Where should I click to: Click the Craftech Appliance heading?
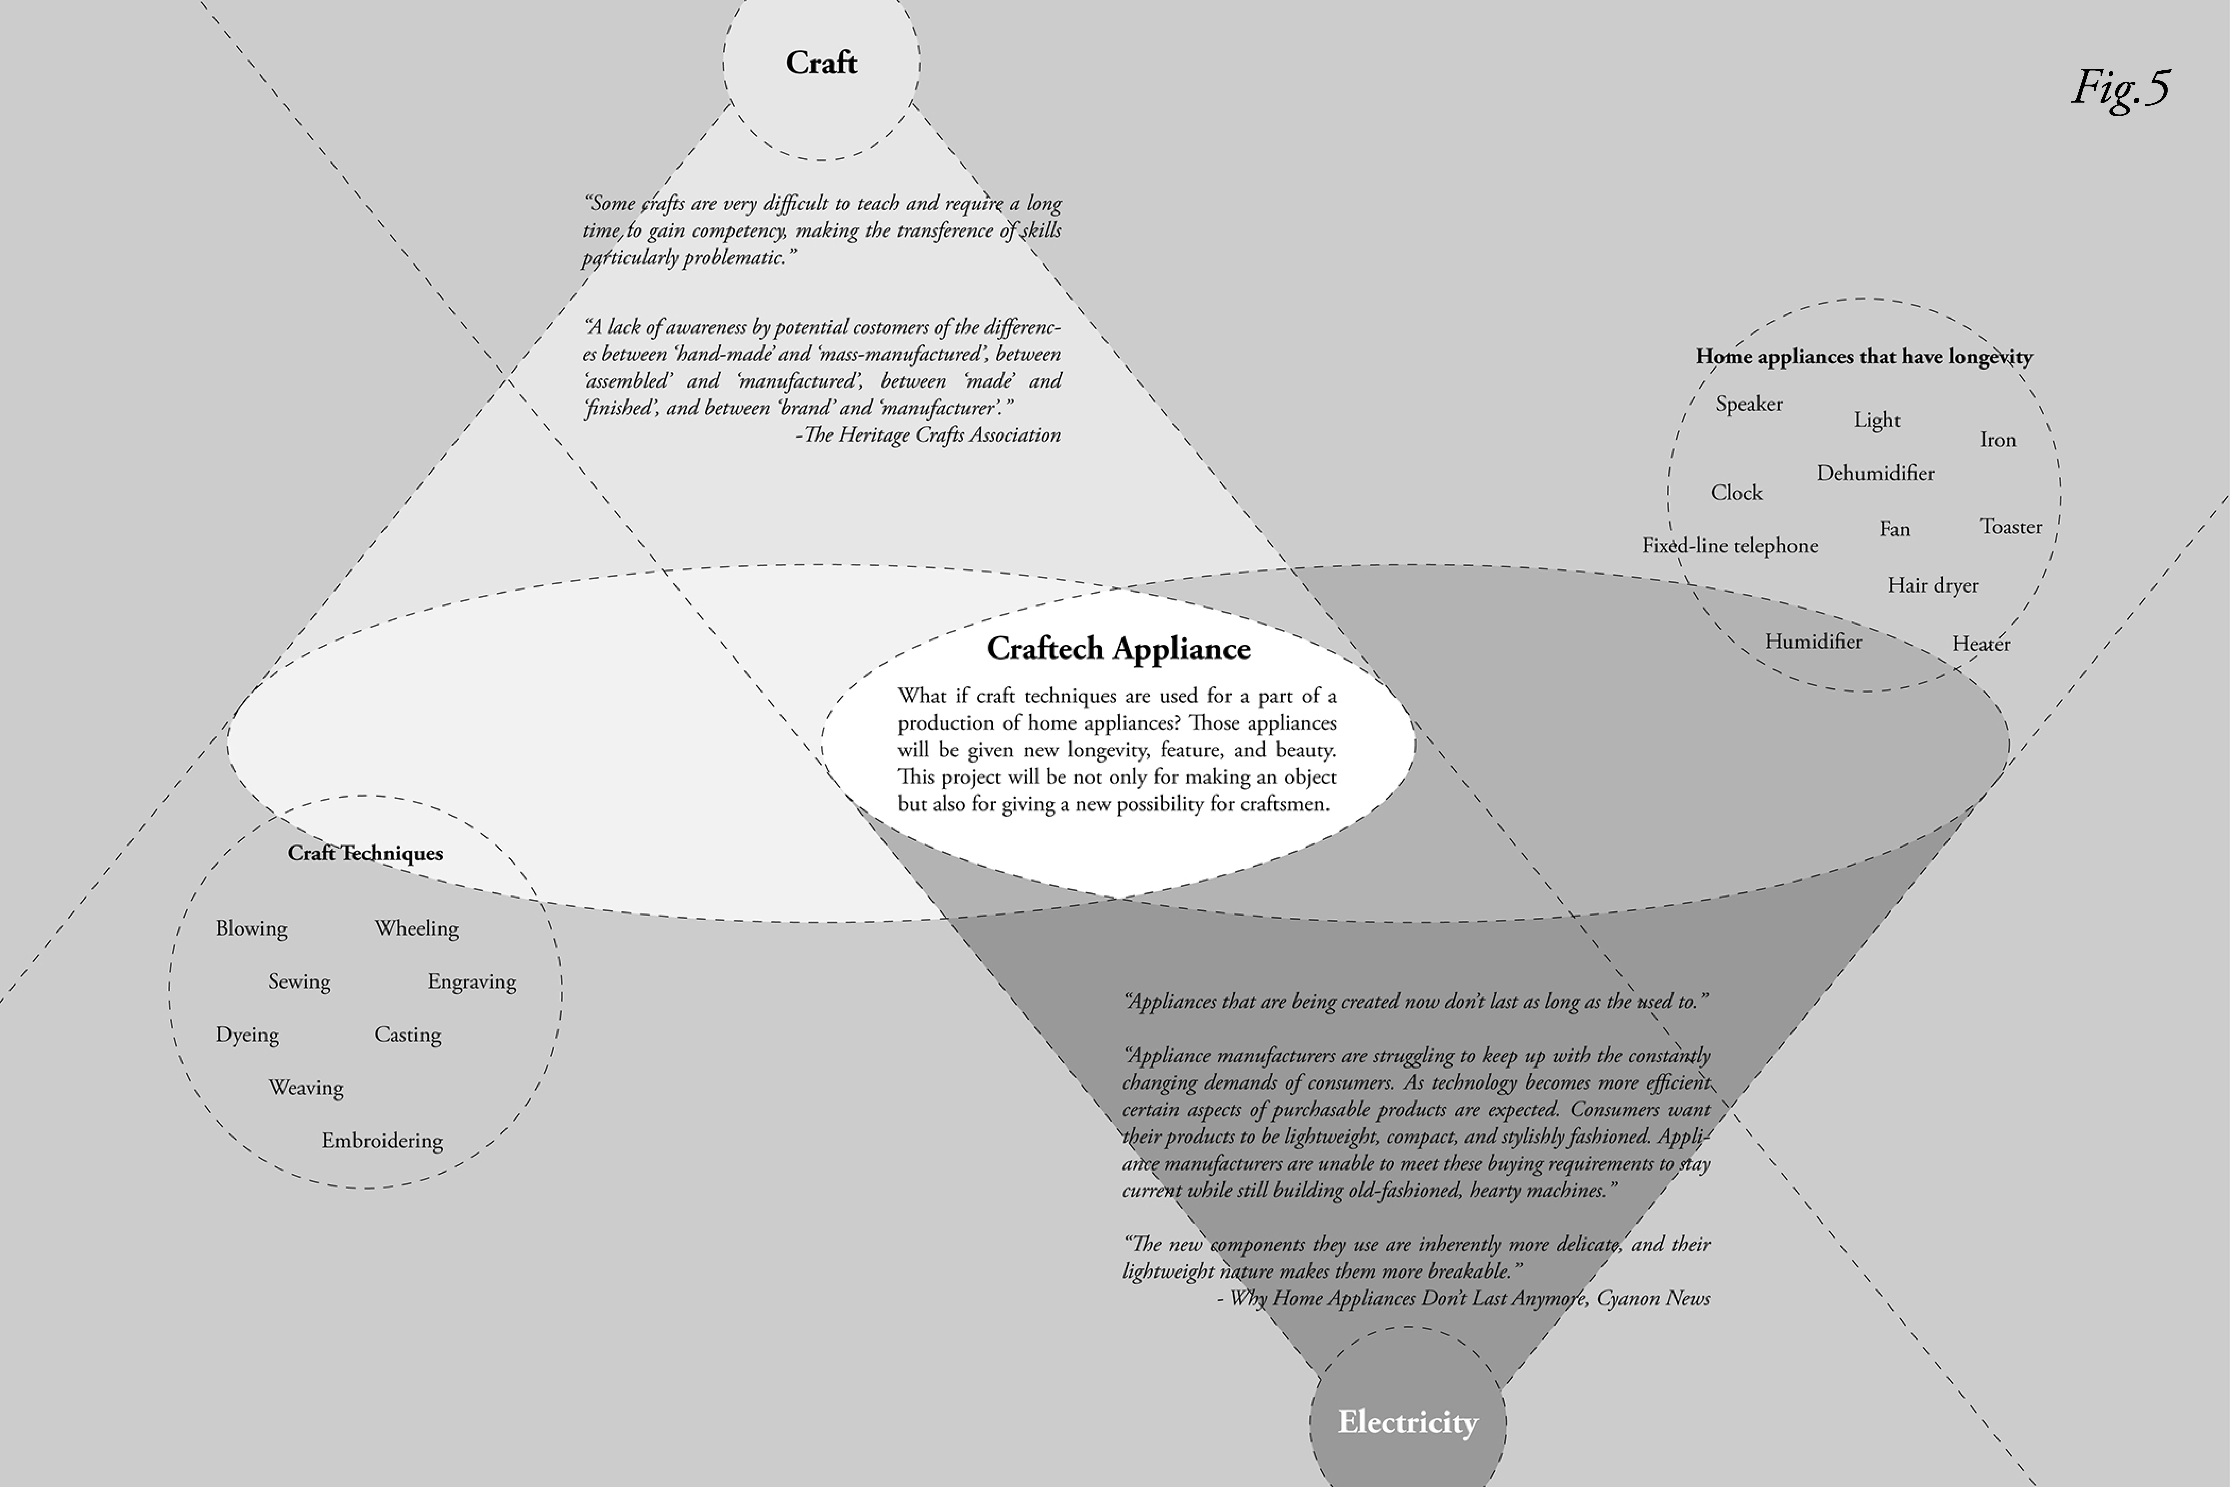(1119, 649)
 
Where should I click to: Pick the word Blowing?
(251, 928)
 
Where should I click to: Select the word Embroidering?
(382, 1141)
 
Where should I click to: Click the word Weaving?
(305, 1088)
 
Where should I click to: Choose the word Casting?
(408, 1035)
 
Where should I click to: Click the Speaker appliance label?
(1749, 404)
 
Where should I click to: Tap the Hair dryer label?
(1933, 585)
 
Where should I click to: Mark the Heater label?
(1982, 644)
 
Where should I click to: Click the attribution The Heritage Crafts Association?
(929, 435)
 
